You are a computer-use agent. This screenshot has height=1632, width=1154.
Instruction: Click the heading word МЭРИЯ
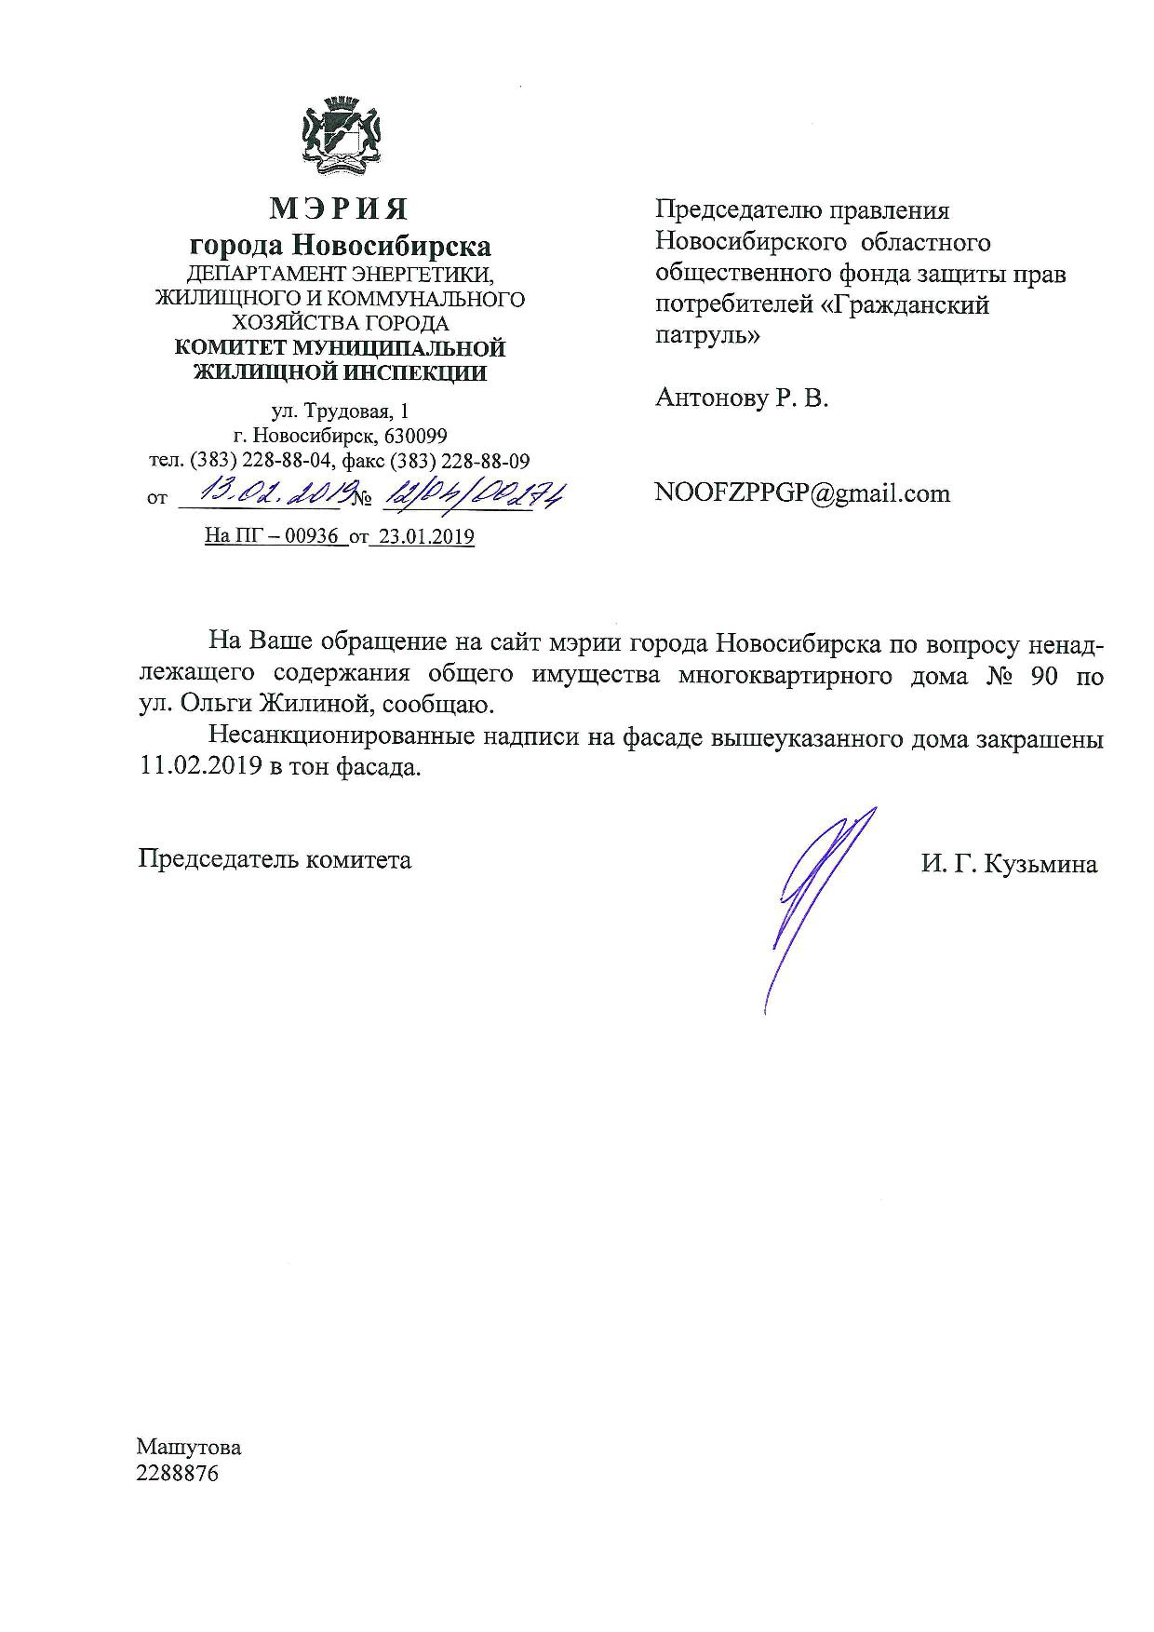[339, 208]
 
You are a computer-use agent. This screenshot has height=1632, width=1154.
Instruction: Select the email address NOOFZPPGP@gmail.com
[802, 492]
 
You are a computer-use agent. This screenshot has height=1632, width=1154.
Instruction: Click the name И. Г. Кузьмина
[1009, 864]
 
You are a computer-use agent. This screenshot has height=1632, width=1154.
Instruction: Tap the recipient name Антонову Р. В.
[741, 398]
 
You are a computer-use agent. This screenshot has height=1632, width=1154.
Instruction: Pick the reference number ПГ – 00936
[285, 536]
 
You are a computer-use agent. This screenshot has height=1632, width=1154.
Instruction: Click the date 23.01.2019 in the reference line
[423, 536]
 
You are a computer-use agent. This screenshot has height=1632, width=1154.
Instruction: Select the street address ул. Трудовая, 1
[339, 411]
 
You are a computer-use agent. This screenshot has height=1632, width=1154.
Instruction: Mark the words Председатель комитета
[275, 858]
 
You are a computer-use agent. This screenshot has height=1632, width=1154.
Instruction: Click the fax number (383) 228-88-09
[460, 461]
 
